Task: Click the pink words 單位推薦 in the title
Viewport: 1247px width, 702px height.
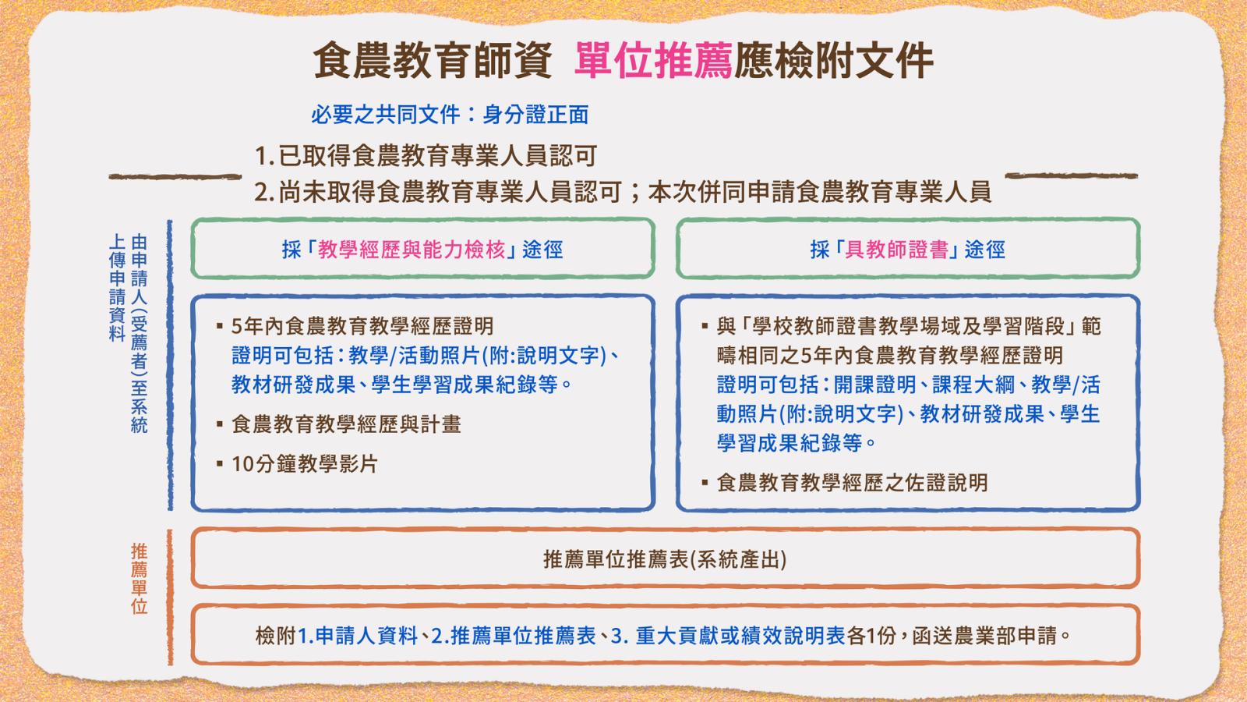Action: click(653, 60)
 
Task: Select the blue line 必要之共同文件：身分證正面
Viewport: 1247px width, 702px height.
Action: click(450, 115)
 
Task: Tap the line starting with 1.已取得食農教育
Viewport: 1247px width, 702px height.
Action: click(426, 156)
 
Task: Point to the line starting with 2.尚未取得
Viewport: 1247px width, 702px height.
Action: click(623, 192)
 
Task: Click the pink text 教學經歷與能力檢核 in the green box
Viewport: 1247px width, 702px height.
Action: click(412, 250)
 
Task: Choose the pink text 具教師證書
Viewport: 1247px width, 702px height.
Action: click(896, 250)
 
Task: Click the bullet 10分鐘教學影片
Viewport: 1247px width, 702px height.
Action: click(298, 463)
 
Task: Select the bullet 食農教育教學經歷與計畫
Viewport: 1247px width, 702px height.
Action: click(339, 424)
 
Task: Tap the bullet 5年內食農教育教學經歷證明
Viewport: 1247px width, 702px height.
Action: click(355, 327)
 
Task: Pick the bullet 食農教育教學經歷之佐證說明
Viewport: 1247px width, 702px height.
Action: click(845, 483)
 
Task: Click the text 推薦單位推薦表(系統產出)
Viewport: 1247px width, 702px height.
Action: click(665, 559)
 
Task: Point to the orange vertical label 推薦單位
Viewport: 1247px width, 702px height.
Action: click(140, 579)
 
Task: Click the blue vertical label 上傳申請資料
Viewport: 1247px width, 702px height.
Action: click(117, 288)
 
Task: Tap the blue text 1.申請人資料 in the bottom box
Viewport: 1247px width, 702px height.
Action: click(358, 636)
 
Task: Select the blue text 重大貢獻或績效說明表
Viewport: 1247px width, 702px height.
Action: click(740, 636)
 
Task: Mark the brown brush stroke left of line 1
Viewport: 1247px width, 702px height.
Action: click(175, 176)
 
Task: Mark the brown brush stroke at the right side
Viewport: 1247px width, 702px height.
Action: click(1071, 176)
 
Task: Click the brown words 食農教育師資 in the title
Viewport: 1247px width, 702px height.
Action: click(433, 60)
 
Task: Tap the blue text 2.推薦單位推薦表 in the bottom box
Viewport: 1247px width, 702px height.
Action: click(514, 636)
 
